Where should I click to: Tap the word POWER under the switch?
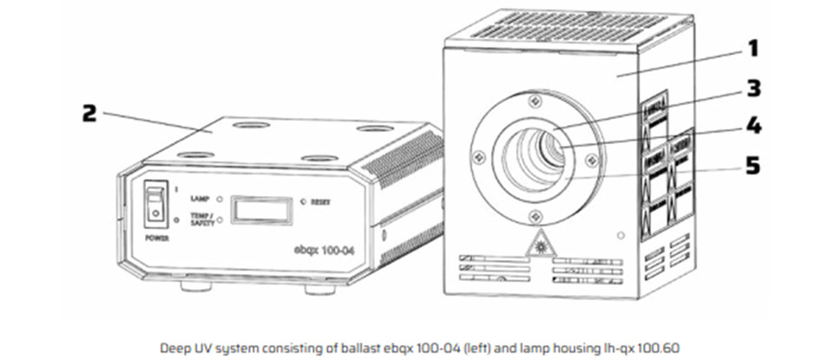click(157, 235)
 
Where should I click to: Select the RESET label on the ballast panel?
click(323, 201)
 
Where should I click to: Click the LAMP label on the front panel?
click(200, 199)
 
